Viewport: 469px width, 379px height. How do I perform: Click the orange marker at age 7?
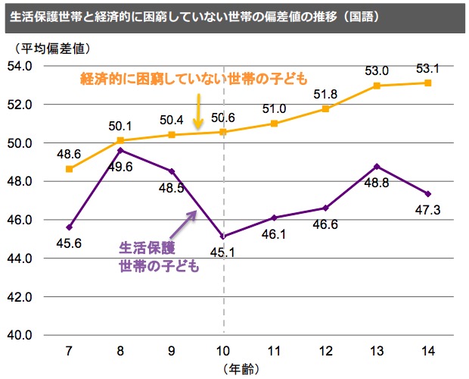70,169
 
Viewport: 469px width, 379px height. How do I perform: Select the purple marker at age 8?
121,150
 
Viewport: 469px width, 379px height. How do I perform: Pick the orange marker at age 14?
428,83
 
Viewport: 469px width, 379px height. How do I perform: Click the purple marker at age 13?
377,166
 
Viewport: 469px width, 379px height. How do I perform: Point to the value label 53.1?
428,69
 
